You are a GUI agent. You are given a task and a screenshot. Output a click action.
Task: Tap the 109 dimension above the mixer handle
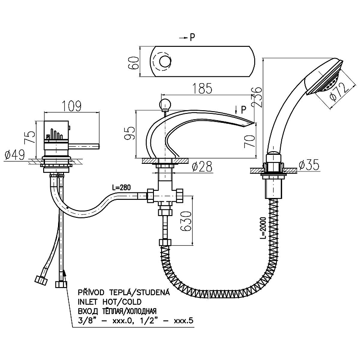tap(72, 106)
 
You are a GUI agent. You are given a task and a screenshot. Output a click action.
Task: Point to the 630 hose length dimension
tap(185, 221)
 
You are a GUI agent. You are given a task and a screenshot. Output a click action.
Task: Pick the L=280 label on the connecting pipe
tap(121, 188)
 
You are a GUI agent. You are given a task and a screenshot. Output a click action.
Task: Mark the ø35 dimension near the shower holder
tap(309, 165)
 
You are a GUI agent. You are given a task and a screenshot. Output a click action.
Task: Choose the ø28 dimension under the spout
tap(202, 166)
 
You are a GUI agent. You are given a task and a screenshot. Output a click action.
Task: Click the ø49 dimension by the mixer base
tap(14, 155)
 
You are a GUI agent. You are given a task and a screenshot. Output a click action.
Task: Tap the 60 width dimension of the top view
tap(133, 63)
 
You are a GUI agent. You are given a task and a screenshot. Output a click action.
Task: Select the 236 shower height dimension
tap(256, 97)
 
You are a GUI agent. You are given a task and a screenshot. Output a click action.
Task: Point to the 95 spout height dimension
tap(130, 133)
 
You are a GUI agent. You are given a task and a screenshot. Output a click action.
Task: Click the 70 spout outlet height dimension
tap(250, 141)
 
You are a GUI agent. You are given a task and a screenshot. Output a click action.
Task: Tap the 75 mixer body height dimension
tap(30, 137)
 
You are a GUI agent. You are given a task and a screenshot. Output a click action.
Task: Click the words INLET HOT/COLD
tap(110, 301)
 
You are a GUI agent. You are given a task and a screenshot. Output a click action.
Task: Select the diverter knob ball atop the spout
tap(165, 104)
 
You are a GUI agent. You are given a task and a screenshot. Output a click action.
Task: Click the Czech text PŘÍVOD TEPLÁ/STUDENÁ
tap(124, 292)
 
